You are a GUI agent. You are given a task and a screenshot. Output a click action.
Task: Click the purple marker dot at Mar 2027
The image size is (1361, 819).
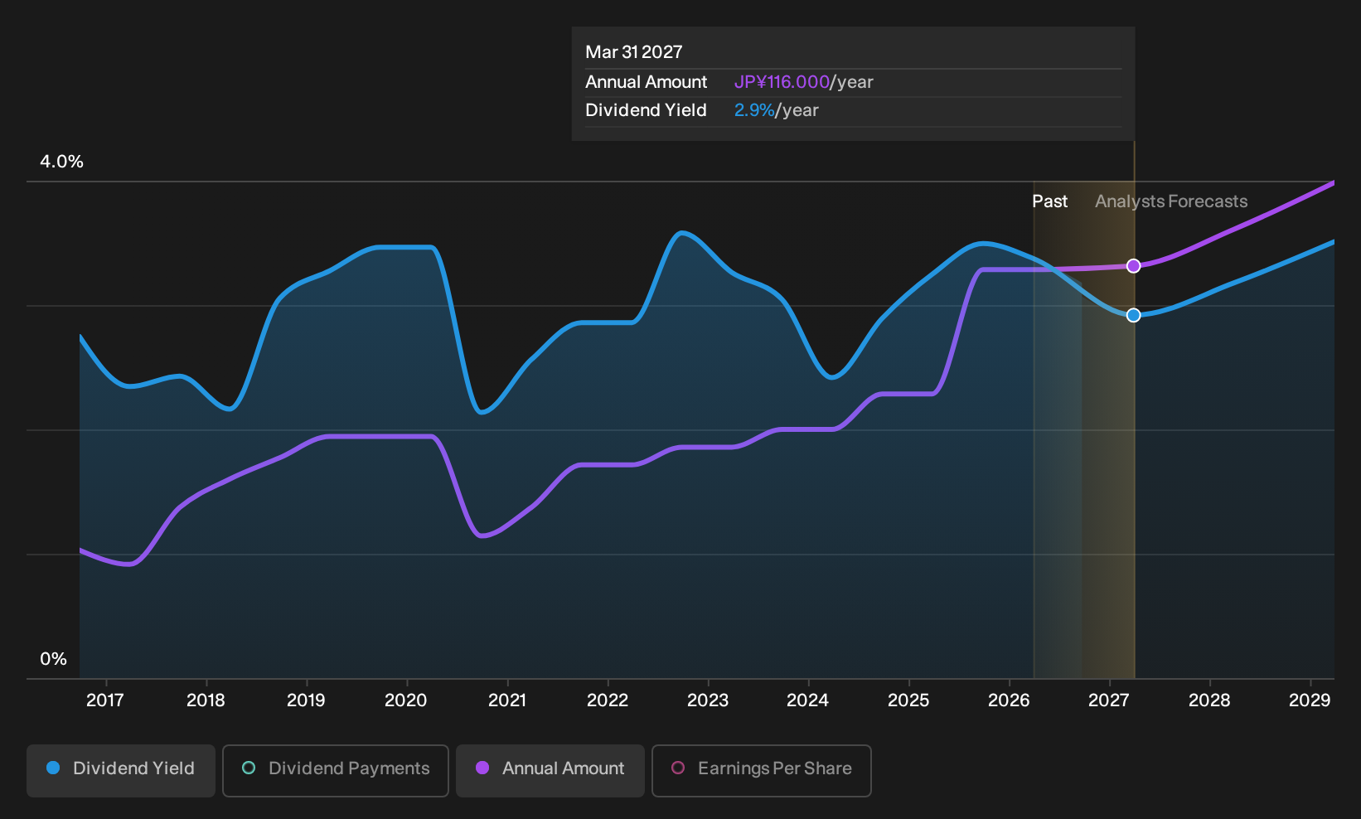tap(1133, 266)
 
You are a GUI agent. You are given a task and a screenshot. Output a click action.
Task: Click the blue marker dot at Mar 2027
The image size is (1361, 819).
tap(1133, 315)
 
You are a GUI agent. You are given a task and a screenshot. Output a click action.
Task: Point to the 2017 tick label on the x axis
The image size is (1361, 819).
tap(105, 700)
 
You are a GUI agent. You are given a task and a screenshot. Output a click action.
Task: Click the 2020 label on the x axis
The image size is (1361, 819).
tap(406, 700)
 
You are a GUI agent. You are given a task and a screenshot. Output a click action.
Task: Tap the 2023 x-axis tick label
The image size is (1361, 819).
tap(708, 700)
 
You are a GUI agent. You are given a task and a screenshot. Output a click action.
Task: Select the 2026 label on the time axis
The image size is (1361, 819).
tap(1009, 700)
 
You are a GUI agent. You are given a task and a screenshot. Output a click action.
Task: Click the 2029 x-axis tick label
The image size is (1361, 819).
tap(1310, 700)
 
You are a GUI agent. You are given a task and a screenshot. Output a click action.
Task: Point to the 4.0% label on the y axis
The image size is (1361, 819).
tap(61, 162)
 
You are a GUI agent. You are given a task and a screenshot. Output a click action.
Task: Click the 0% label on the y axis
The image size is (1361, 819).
tap(54, 659)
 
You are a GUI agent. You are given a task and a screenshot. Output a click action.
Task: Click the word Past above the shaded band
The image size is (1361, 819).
tap(1050, 201)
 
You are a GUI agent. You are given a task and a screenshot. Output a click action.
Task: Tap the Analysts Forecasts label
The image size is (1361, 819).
tap(1171, 201)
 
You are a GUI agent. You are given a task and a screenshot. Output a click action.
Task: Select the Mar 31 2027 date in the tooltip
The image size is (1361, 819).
tap(634, 52)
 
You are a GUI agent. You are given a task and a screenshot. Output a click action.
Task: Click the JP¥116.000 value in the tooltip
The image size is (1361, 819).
tap(782, 82)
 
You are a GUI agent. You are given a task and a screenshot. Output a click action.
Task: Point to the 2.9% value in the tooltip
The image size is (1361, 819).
tap(754, 110)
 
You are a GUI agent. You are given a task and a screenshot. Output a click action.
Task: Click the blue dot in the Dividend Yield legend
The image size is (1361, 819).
tap(54, 768)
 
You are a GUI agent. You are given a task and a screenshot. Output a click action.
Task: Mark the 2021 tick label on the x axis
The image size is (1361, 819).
tap(506, 700)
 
